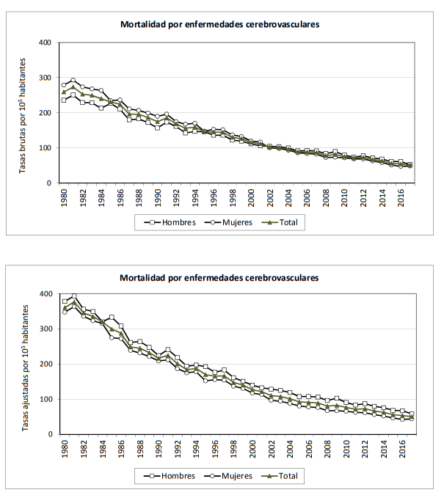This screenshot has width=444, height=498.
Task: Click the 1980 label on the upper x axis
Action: click(64, 197)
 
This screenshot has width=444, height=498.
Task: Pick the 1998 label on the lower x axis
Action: click(233, 448)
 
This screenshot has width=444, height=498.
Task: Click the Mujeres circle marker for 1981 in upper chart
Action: click(73, 81)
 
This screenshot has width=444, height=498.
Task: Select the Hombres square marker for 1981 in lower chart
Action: click(73, 296)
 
